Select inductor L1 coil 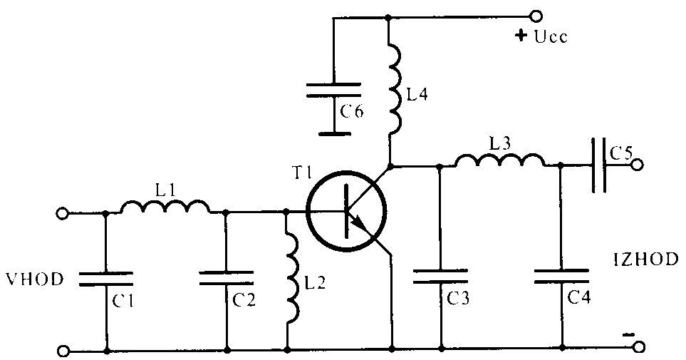pyautogui.click(x=165, y=206)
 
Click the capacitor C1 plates pyautogui.click(x=106, y=279)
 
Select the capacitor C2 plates pyautogui.click(x=227, y=278)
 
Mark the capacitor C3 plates pyautogui.click(x=440, y=277)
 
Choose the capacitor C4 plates pyautogui.click(x=562, y=277)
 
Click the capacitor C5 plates pyautogui.click(x=599, y=165)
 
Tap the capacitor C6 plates pyautogui.click(x=333, y=90)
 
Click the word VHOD pyautogui.click(x=35, y=279)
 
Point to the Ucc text pyautogui.click(x=551, y=37)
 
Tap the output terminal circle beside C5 pyautogui.click(x=638, y=165)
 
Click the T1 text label pyautogui.click(x=301, y=174)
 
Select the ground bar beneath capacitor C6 pyautogui.click(x=333, y=133)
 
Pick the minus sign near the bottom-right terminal pyautogui.click(x=628, y=335)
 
